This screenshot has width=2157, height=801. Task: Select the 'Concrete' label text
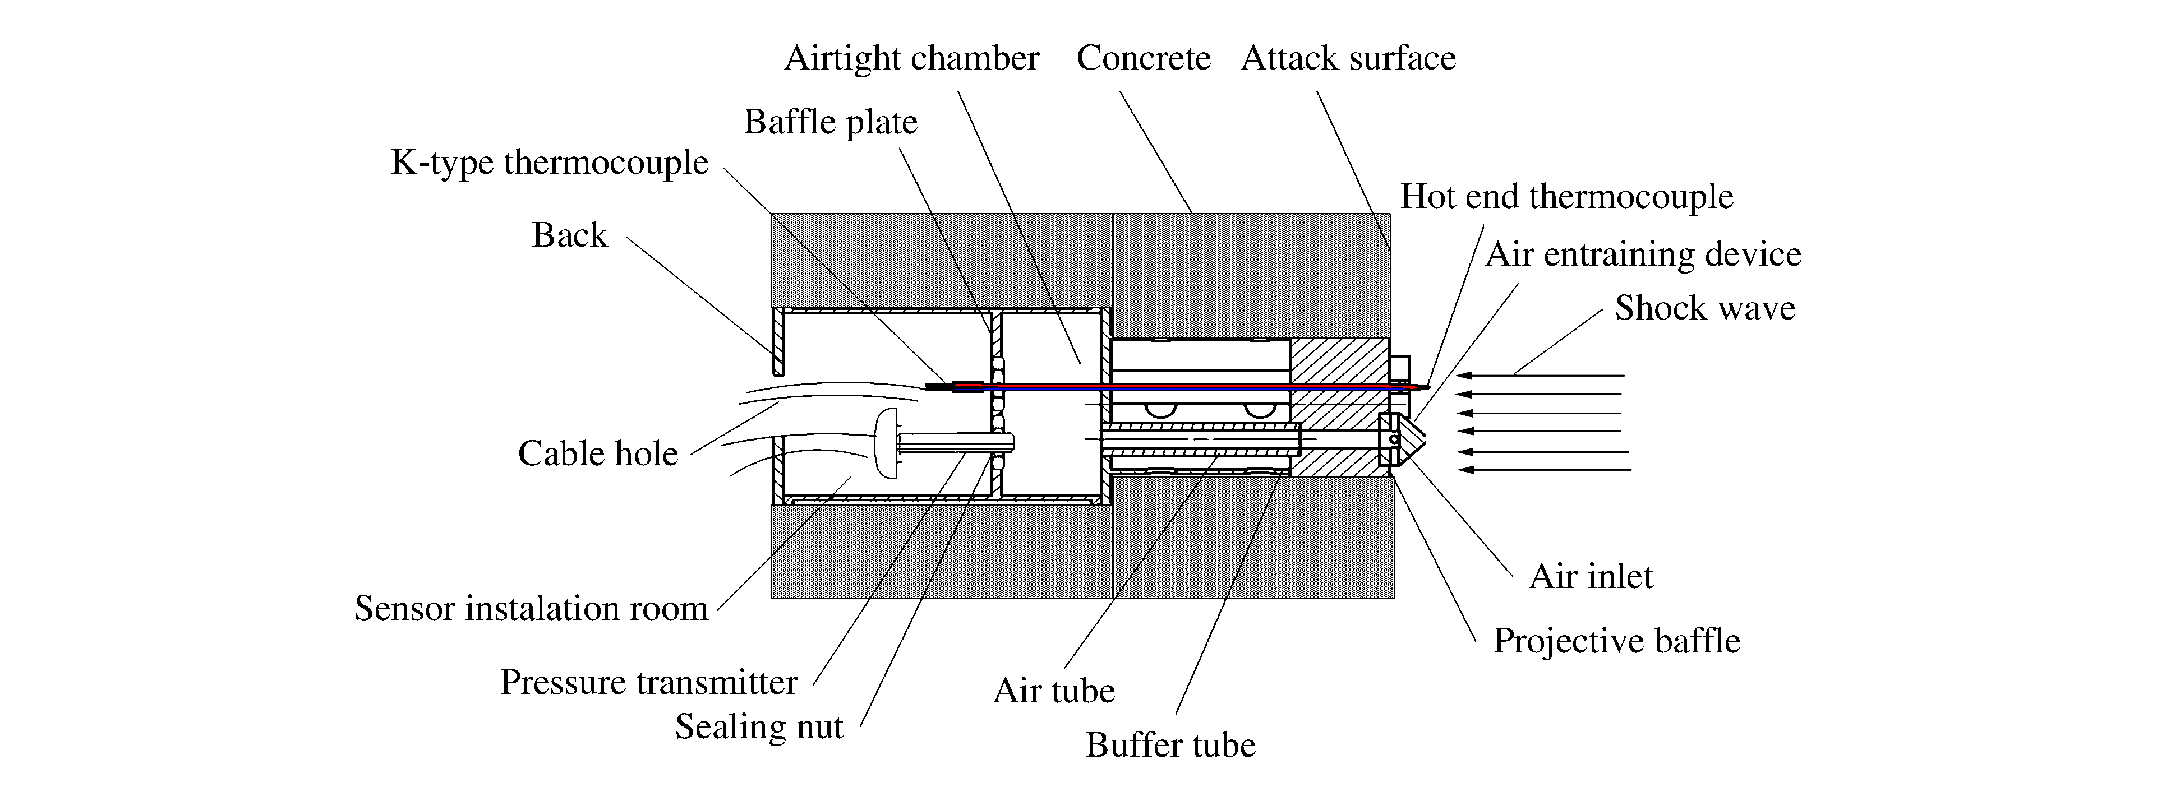[1143, 58]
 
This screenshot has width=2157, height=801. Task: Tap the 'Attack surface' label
[1348, 58]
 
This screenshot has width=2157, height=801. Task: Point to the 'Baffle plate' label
[830, 122]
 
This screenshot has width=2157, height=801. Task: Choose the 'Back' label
[569, 235]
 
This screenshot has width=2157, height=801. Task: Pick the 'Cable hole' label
[598, 453]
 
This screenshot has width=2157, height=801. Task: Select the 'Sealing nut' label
[759, 726]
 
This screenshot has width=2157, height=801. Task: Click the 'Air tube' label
[1053, 691]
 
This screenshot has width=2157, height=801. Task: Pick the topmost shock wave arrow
[1541, 375]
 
